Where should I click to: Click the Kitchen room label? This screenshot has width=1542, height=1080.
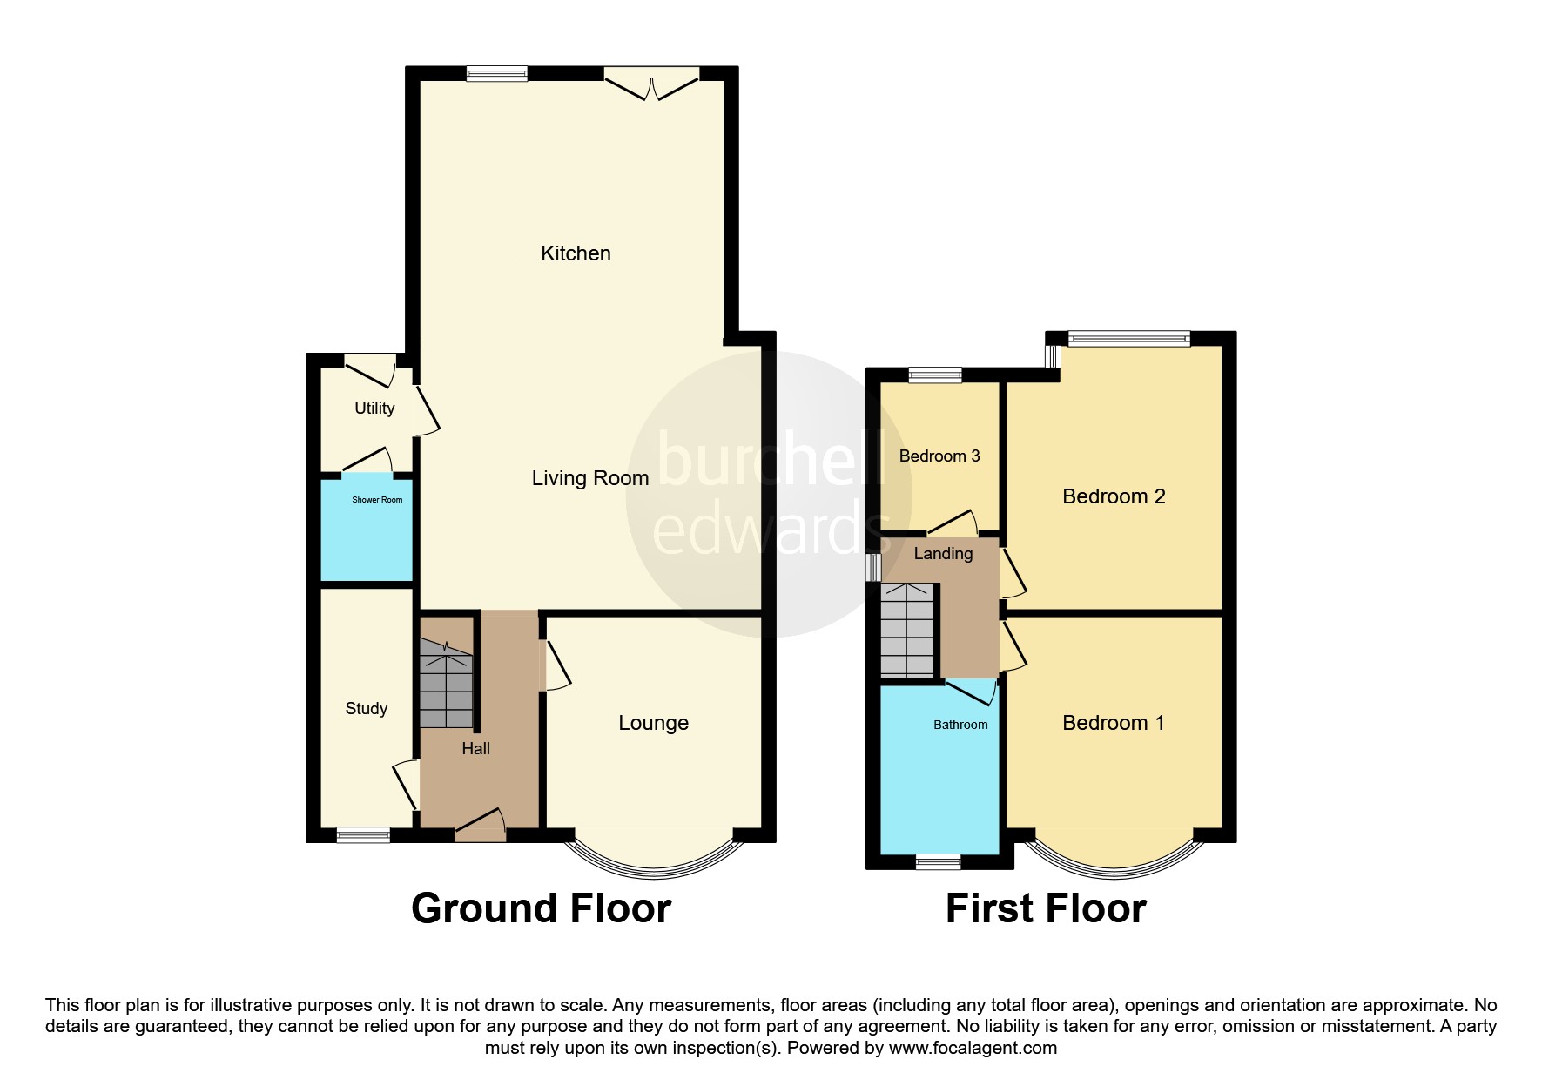(x=576, y=253)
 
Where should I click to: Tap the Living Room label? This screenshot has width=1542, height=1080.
(x=589, y=478)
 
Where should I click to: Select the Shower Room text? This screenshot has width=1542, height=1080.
(x=377, y=500)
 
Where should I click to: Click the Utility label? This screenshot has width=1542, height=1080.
(x=374, y=408)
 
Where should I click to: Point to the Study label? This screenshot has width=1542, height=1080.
(x=366, y=709)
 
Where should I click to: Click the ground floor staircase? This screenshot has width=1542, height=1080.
(x=446, y=684)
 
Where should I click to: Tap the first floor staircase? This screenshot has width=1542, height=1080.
(x=906, y=630)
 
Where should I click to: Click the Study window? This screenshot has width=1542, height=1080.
(x=363, y=834)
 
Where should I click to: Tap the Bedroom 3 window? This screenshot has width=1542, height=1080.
(x=935, y=375)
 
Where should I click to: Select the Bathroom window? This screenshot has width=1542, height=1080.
(x=938, y=861)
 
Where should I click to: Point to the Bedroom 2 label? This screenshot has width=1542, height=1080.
(x=1114, y=496)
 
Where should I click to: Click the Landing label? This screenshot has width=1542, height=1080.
(x=943, y=554)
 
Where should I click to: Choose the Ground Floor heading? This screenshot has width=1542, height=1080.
(x=541, y=908)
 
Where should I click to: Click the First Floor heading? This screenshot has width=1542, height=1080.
(x=1045, y=908)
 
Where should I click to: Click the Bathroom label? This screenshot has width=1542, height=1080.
(x=960, y=725)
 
